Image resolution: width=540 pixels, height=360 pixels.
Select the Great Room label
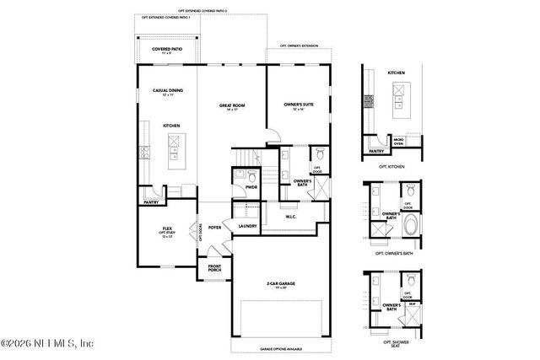coord(231,107)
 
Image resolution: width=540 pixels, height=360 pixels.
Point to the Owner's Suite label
coord(299,105)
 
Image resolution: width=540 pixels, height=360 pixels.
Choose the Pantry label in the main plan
coord(151,202)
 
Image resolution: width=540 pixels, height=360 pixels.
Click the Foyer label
coord(215,227)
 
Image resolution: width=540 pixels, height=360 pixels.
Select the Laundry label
coord(247,227)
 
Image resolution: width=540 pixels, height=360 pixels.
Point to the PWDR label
coord(251,186)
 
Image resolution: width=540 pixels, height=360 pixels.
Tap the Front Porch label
coord(216,271)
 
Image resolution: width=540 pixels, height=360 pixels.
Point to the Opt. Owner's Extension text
coord(300,47)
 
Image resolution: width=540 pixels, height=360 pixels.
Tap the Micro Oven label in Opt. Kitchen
coord(398,141)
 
